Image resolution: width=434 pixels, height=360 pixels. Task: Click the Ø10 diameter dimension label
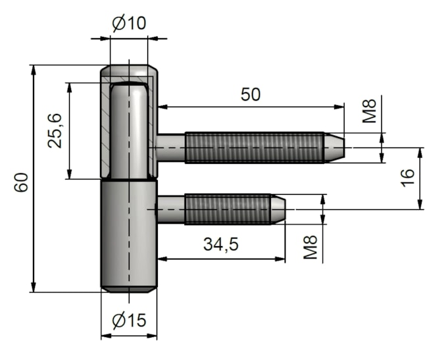point(129,24)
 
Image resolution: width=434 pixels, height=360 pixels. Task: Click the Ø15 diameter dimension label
point(129,321)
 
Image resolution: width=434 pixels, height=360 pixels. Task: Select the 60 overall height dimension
point(22,182)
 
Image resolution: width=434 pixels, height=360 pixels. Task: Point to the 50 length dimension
point(250,94)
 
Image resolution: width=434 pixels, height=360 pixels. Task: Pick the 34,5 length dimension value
point(220,245)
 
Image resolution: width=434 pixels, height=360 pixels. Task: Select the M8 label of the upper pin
point(370,111)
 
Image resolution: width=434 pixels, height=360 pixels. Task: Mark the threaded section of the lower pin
point(228,209)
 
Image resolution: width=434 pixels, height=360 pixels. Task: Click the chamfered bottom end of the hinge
point(129,288)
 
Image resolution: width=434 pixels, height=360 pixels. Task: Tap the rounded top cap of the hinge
point(129,71)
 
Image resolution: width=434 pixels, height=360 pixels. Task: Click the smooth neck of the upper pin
point(172,147)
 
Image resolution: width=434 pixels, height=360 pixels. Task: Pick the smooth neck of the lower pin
point(172,209)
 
